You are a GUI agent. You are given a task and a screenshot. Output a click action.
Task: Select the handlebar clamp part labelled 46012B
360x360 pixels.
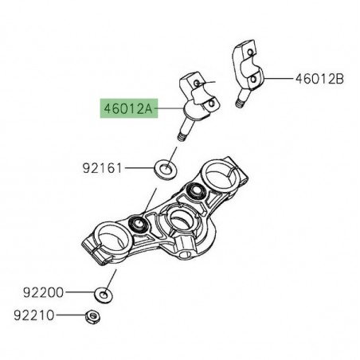pos(249,71)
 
